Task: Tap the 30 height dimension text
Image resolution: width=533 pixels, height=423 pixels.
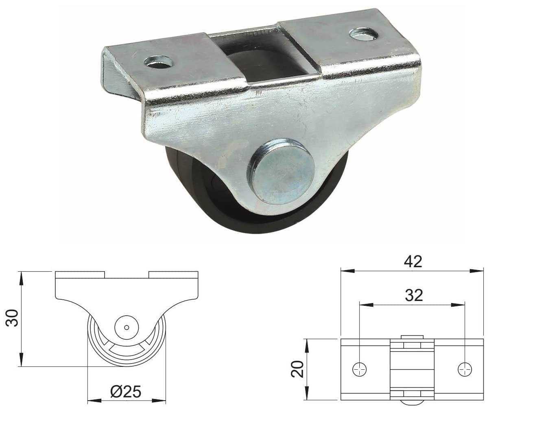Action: pos(12,318)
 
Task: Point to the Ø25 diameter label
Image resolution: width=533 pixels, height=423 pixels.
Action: pos(126,392)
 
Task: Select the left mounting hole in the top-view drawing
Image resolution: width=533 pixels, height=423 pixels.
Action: pos(359,371)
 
